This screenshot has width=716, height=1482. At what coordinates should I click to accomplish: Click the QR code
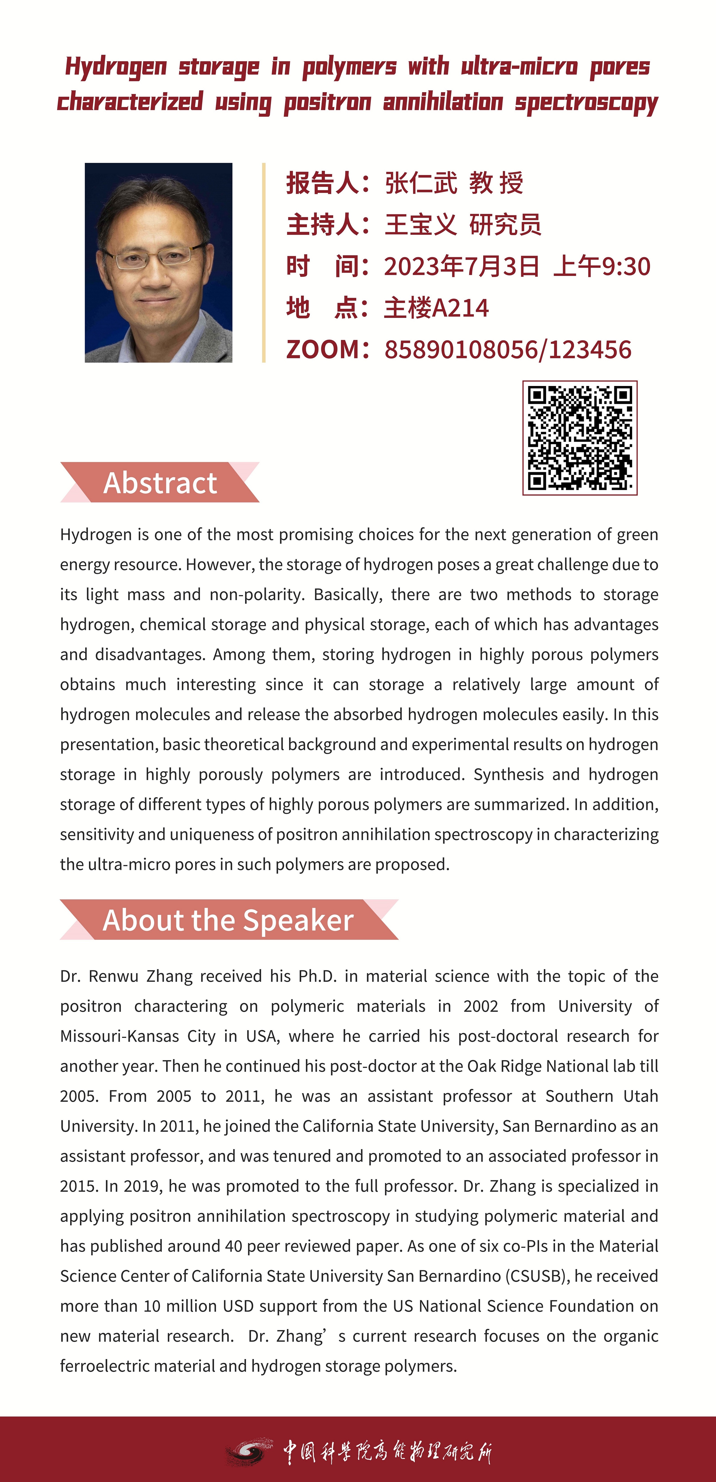pyautogui.click(x=580, y=438)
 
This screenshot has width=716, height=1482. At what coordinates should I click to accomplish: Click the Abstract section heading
pyautogui.click(x=160, y=483)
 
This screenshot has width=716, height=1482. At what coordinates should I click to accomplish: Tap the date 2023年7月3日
pyautogui.click(x=462, y=266)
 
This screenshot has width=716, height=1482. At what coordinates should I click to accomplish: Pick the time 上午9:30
pyautogui.click(x=601, y=266)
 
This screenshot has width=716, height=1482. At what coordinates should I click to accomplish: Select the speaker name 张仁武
pyautogui.click(x=421, y=183)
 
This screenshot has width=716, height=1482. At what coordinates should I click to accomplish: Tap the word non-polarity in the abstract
pyautogui.click(x=257, y=594)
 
